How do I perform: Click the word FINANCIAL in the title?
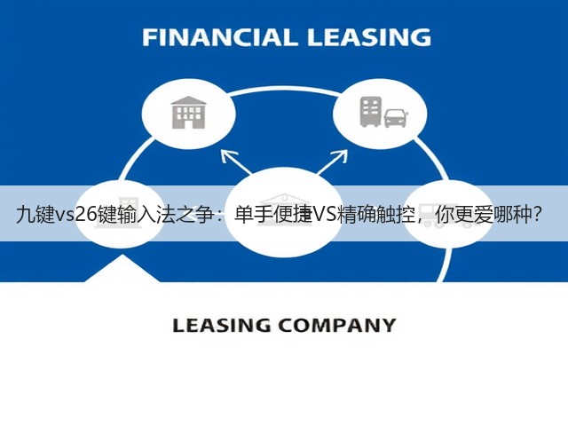click(218, 37)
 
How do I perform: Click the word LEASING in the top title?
click(369, 37)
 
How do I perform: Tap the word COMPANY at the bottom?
click(337, 325)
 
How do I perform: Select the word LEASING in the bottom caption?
click(222, 325)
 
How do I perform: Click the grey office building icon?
click(188, 113)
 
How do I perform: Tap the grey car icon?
click(395, 118)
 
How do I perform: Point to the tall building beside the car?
click(370, 112)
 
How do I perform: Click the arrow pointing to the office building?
click(237, 162)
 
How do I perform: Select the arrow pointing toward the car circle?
click(332, 162)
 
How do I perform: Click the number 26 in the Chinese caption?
click(87, 215)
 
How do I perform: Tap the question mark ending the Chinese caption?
click(538, 215)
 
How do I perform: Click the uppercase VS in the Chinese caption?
click(325, 215)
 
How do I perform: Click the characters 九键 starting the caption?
click(35, 215)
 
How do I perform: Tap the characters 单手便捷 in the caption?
click(273, 215)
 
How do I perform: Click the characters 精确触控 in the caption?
click(375, 215)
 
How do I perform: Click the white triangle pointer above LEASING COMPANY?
click(122, 268)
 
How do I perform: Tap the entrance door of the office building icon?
click(188, 124)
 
